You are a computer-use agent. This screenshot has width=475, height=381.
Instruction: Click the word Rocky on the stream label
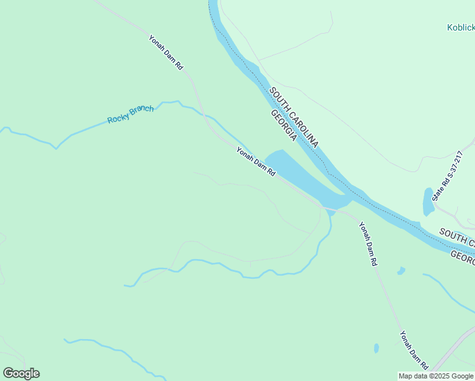point(118,117)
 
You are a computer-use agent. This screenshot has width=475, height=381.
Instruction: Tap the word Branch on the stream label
point(142,110)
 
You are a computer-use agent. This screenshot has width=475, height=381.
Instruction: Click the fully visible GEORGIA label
point(283,125)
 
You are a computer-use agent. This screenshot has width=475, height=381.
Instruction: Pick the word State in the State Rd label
point(438,190)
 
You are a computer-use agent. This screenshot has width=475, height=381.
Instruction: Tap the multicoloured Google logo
point(21,373)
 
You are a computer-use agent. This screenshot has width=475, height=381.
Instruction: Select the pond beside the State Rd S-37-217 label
point(429,201)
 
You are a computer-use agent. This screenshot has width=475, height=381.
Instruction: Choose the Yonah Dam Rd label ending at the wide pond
point(256,161)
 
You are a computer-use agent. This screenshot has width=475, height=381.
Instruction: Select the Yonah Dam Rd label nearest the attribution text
point(413,350)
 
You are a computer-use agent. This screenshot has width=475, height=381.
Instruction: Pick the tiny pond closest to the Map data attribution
point(377,348)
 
